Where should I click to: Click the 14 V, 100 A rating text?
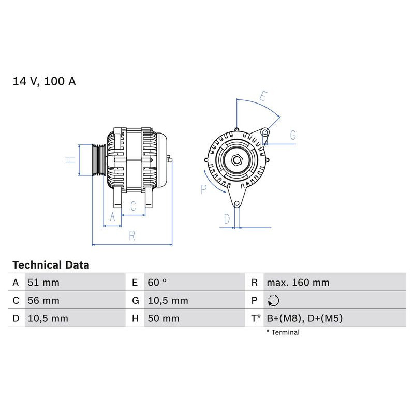tap(44, 82)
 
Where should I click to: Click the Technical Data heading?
tap(51, 265)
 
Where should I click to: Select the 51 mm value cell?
tap(43, 283)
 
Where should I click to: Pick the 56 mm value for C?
tap(43, 300)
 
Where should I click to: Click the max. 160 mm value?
tap(298, 283)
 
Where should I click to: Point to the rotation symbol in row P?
tap(273, 300)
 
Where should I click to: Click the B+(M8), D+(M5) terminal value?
tap(304, 318)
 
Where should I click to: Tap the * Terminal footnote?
tap(283, 332)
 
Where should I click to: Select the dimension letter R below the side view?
tap(132, 236)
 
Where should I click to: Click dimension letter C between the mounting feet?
tap(133, 206)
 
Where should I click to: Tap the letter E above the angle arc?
tap(263, 96)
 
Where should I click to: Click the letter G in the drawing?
tap(293, 136)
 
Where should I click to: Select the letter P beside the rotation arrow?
tap(204, 190)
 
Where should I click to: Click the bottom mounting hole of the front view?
tap(237, 203)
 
